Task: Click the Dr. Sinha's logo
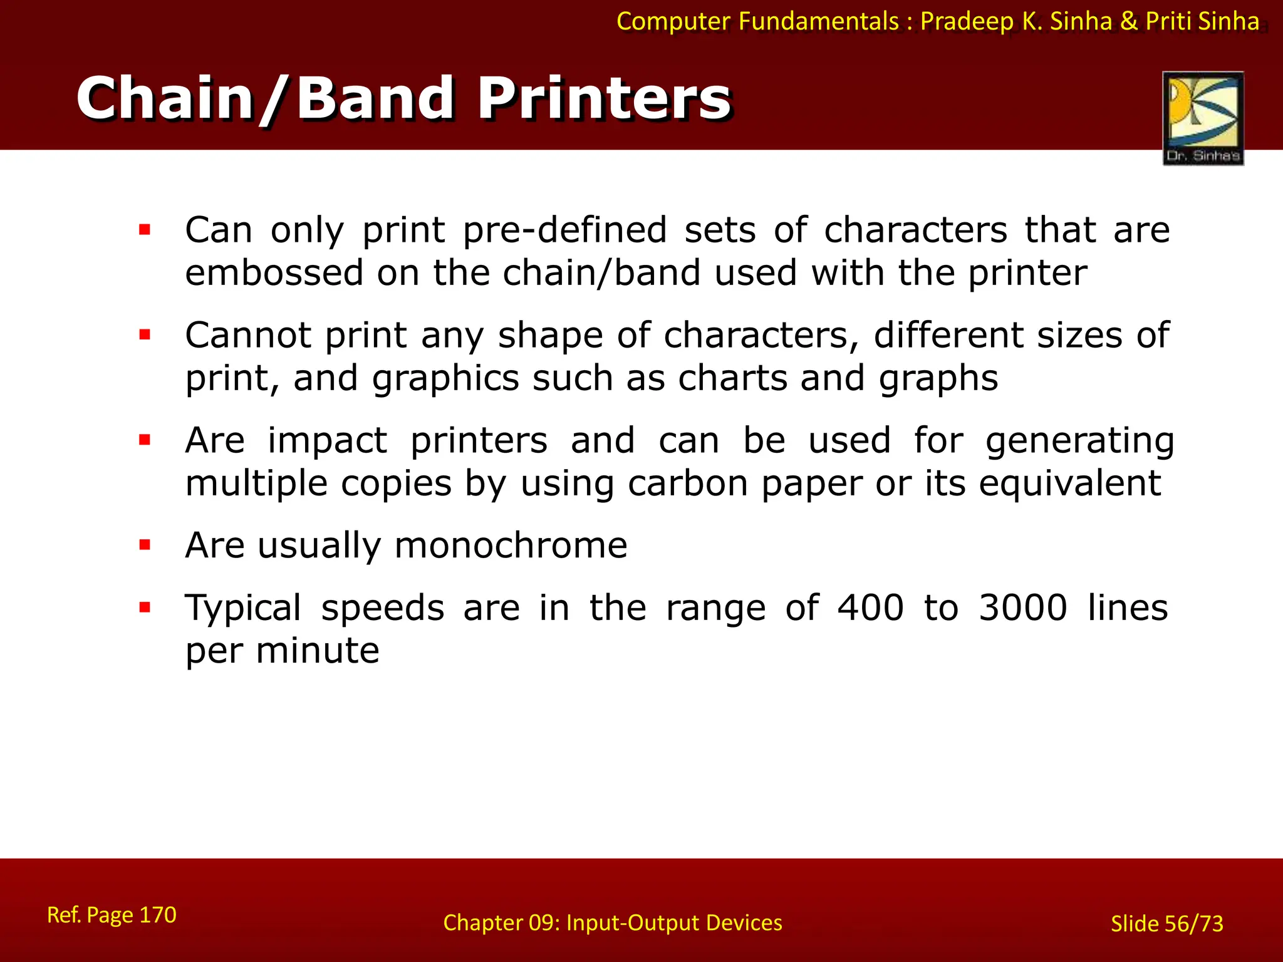coord(1203,118)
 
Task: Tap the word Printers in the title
coord(604,98)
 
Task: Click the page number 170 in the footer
coord(157,915)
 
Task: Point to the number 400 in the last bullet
coord(871,608)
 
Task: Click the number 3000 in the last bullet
coord(1023,608)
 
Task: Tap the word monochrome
coord(511,545)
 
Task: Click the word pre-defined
coord(564,230)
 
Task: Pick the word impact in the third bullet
coord(327,440)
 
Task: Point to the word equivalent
coord(1070,483)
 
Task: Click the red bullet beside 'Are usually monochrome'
coord(145,545)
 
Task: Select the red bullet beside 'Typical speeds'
coord(145,607)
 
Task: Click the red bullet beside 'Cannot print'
coord(145,335)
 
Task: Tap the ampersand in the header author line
coord(1128,21)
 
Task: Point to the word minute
coord(317,650)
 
